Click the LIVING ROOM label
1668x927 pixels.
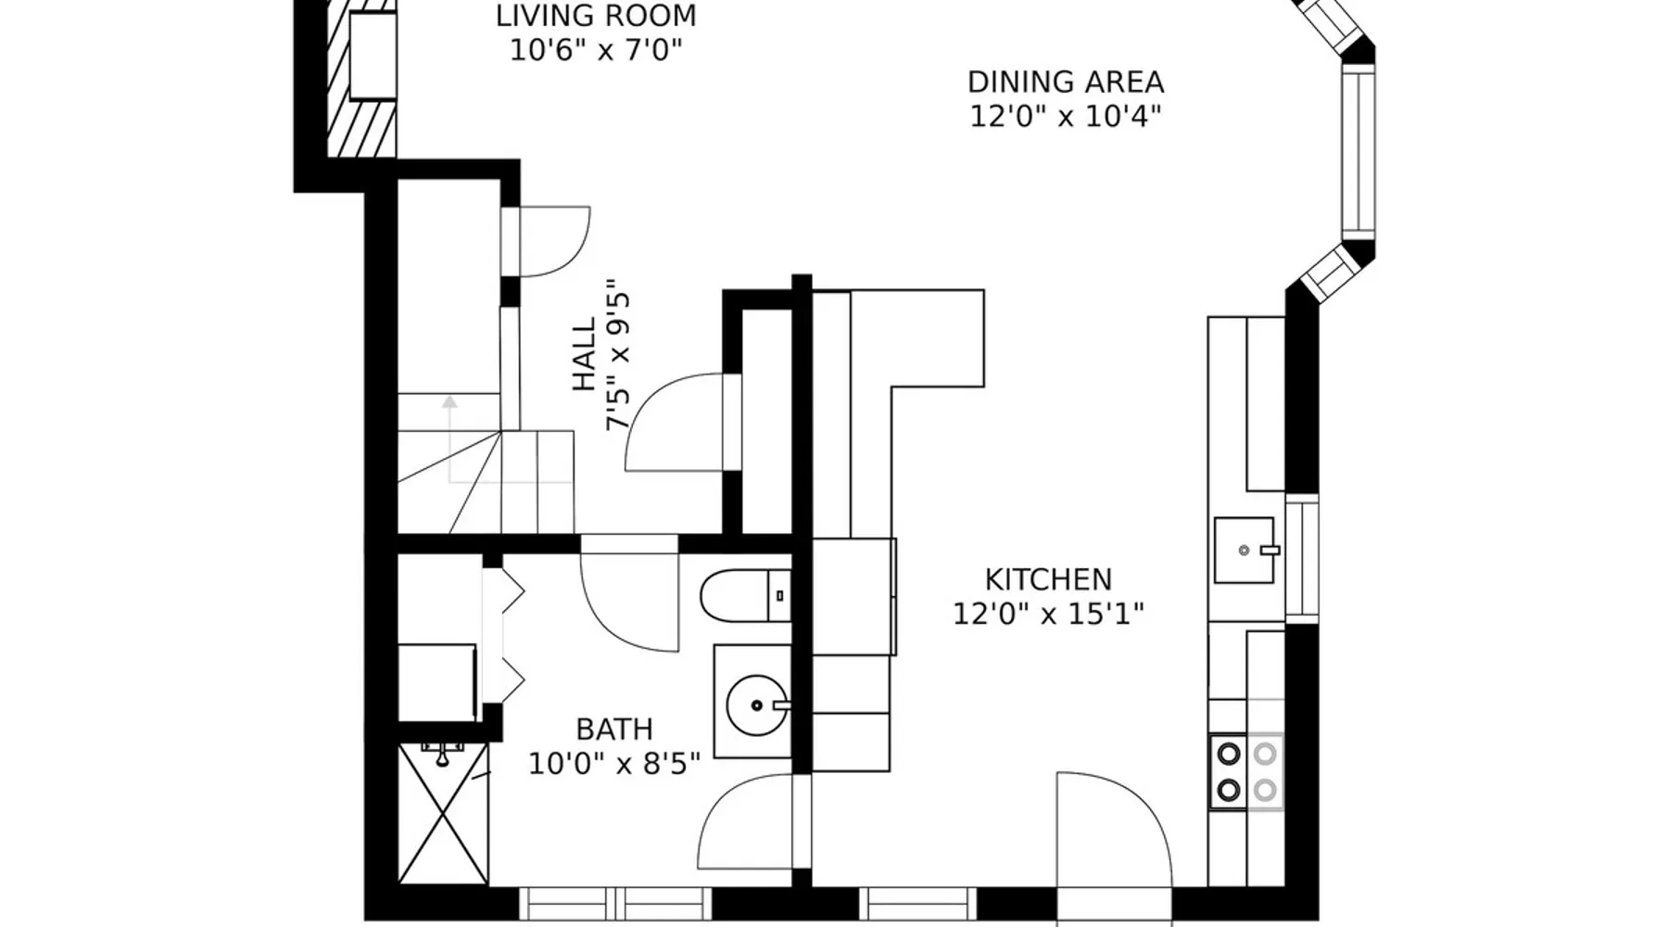point(596,16)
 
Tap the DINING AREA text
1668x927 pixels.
point(1066,82)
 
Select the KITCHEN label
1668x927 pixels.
point(1048,579)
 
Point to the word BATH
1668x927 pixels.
point(614,729)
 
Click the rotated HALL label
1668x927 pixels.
point(584,355)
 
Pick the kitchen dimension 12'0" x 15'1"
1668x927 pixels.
point(1049,614)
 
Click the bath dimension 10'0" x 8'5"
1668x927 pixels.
point(614,764)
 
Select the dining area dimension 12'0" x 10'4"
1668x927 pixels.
point(1066,117)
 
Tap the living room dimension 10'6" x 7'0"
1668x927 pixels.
point(596,49)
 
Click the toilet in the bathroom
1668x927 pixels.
point(745,596)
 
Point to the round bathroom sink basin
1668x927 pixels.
point(757,705)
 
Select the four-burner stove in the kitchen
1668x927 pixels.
point(1246,771)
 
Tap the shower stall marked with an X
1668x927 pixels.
point(443,812)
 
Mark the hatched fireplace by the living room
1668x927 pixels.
point(361,79)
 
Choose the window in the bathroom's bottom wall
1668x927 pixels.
point(614,903)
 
